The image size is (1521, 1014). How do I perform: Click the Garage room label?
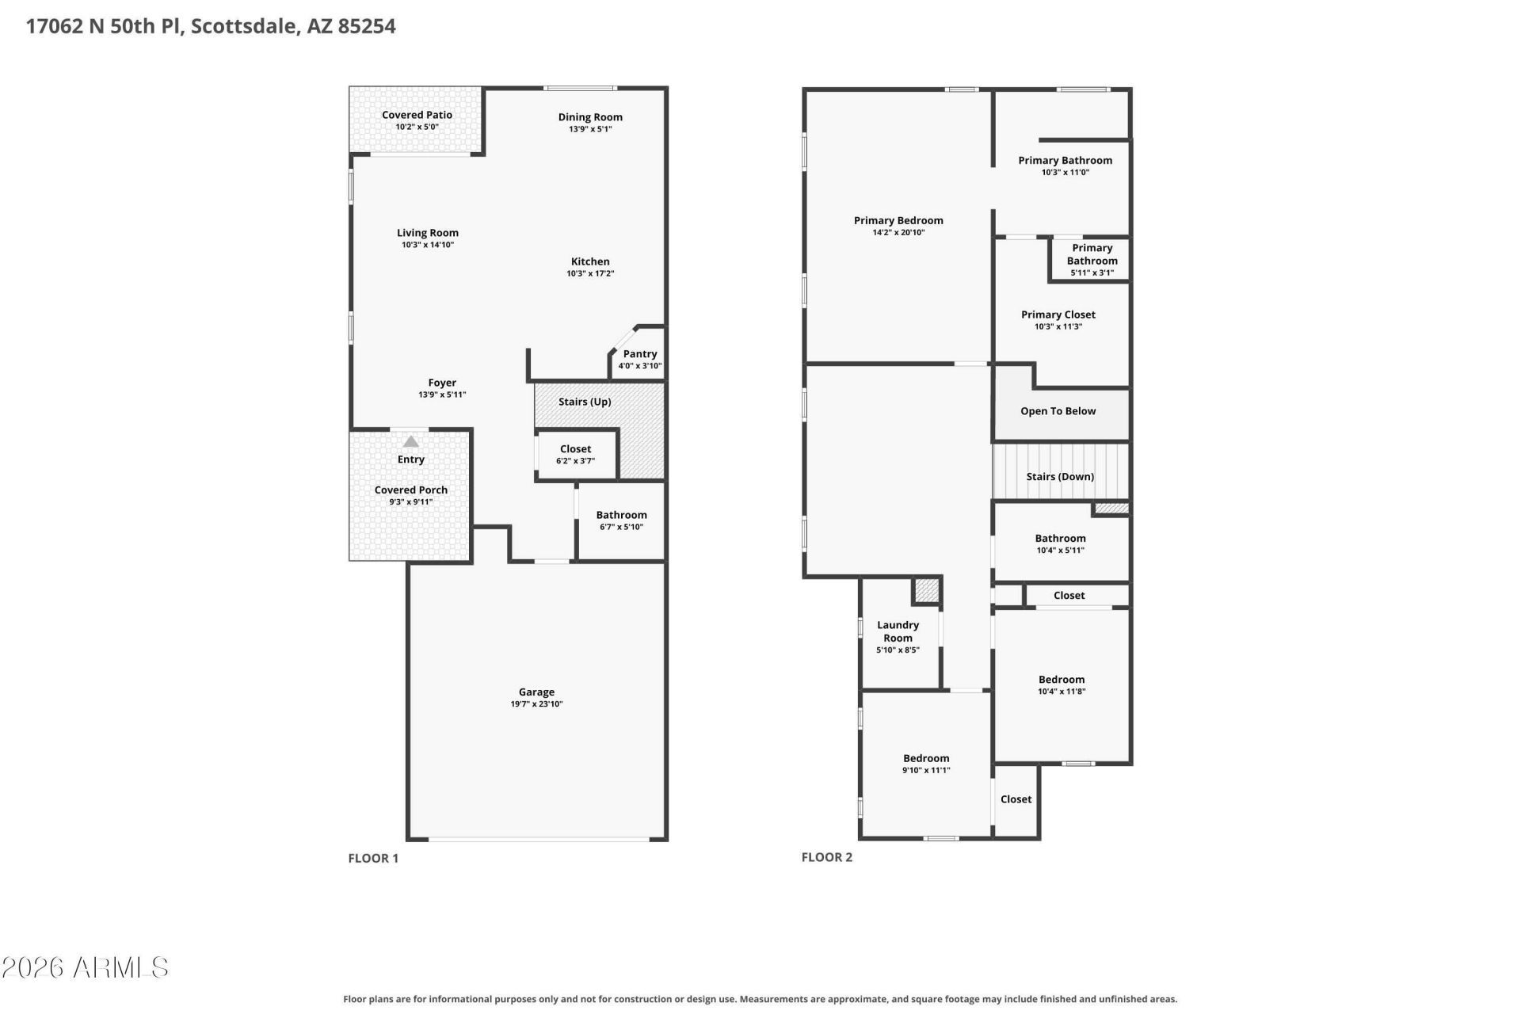pos(536,692)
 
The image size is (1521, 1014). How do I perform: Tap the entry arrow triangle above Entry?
pos(410,441)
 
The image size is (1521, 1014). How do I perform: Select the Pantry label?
pos(640,354)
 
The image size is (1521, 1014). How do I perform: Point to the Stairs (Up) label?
pos(585,402)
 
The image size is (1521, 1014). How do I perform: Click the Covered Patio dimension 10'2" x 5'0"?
pos(417,127)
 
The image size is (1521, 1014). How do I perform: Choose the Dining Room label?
pos(590,117)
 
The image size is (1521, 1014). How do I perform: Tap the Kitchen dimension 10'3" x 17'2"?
pos(590,273)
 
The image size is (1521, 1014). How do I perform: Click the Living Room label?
pos(428,233)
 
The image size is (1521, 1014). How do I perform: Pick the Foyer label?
pos(442,383)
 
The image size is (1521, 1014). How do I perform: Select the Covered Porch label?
pos(411,490)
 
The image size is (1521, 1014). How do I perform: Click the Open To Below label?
pos(1058,411)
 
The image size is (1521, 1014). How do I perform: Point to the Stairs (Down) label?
pos(1060,476)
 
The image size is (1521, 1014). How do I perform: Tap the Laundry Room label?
pos(898,631)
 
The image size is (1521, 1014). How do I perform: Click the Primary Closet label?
pos(1058,314)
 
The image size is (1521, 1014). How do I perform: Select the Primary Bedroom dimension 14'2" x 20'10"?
pos(898,232)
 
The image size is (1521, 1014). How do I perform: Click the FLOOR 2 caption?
pos(827,857)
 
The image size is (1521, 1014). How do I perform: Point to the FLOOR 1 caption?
pos(373,858)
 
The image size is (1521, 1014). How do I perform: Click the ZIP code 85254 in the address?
pos(367,26)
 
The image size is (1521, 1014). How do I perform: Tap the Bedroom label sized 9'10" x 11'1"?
pos(926,758)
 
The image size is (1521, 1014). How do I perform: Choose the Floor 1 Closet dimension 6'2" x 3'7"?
pos(575,460)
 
